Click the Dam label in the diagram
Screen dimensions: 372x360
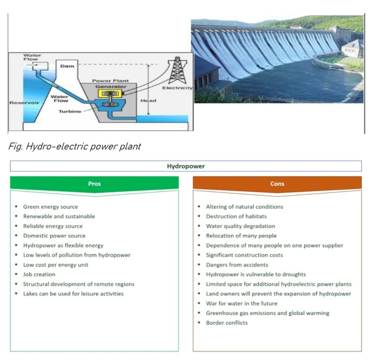point(67,66)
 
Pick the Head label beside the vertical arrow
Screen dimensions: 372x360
point(148,101)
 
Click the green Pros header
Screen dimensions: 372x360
point(94,183)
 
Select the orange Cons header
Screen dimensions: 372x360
point(277,183)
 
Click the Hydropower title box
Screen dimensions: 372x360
point(186,166)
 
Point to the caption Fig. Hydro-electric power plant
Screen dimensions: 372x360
point(75,146)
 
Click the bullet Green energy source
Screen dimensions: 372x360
point(50,207)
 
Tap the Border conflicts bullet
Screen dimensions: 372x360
point(226,322)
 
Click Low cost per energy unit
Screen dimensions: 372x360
point(55,265)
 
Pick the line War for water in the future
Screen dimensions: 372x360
point(241,303)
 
